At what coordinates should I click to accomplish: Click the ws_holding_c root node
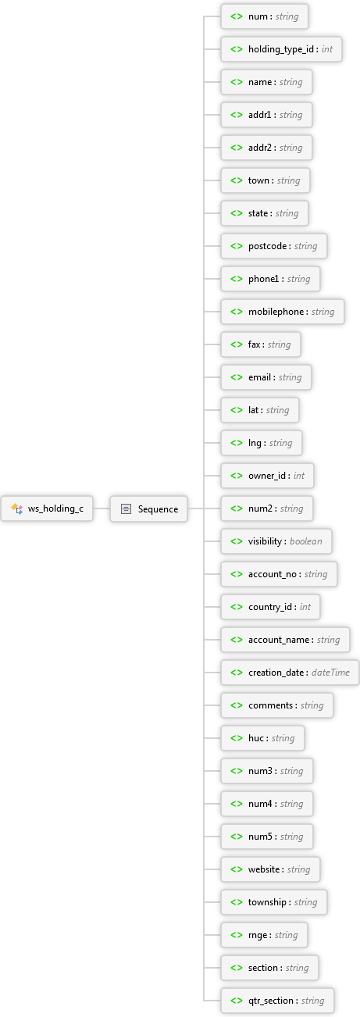47,508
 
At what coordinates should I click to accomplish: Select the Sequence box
148,508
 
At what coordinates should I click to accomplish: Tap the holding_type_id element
281,49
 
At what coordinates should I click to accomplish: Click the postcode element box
274,246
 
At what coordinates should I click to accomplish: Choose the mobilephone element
283,312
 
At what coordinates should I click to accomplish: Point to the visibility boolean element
276,541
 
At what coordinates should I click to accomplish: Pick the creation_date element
290,673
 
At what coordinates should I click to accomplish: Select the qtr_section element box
277,1001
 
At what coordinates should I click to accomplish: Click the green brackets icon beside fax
237,344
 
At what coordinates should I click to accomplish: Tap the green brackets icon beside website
237,869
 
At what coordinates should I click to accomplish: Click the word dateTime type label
330,673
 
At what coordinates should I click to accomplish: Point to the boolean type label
306,541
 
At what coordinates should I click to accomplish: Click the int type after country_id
305,607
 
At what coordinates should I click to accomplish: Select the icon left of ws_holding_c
17,508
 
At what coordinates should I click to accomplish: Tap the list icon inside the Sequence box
127,509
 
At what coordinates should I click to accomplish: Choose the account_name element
285,640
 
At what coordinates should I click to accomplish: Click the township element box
274,902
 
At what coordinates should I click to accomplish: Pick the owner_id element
267,476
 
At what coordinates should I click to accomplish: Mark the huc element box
262,738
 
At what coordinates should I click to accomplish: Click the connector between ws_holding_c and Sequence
102,508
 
